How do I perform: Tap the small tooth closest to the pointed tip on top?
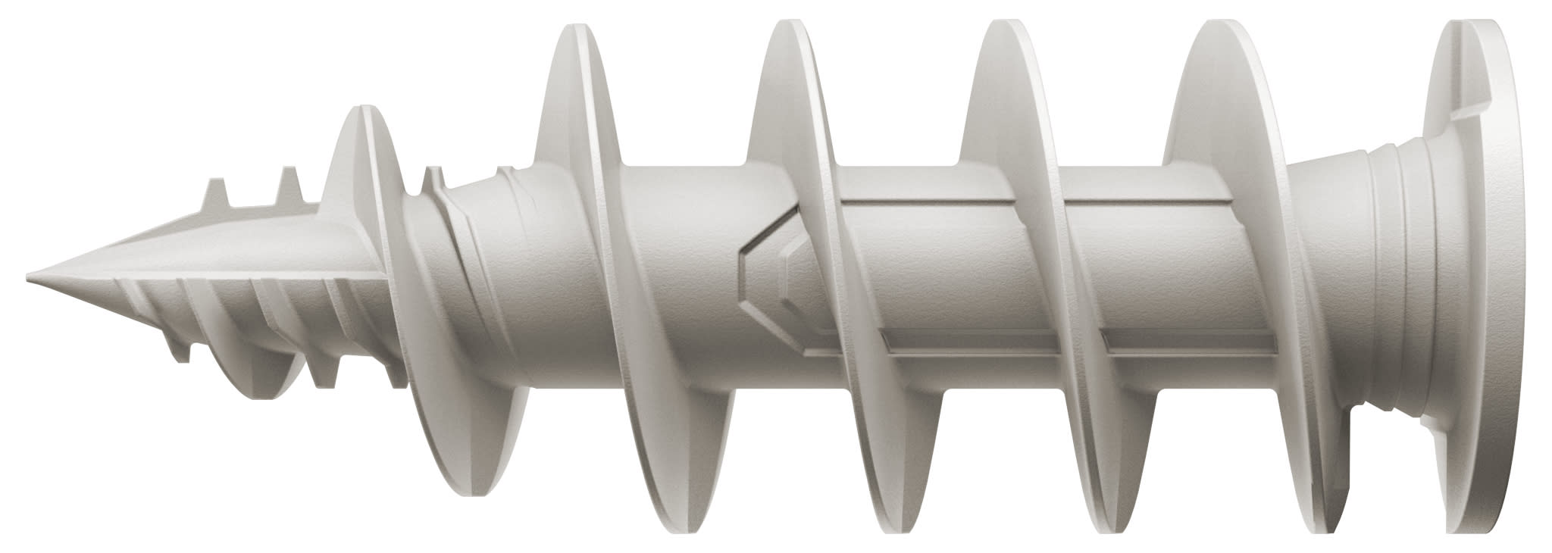point(217,190)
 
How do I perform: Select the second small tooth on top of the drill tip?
point(289,182)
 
